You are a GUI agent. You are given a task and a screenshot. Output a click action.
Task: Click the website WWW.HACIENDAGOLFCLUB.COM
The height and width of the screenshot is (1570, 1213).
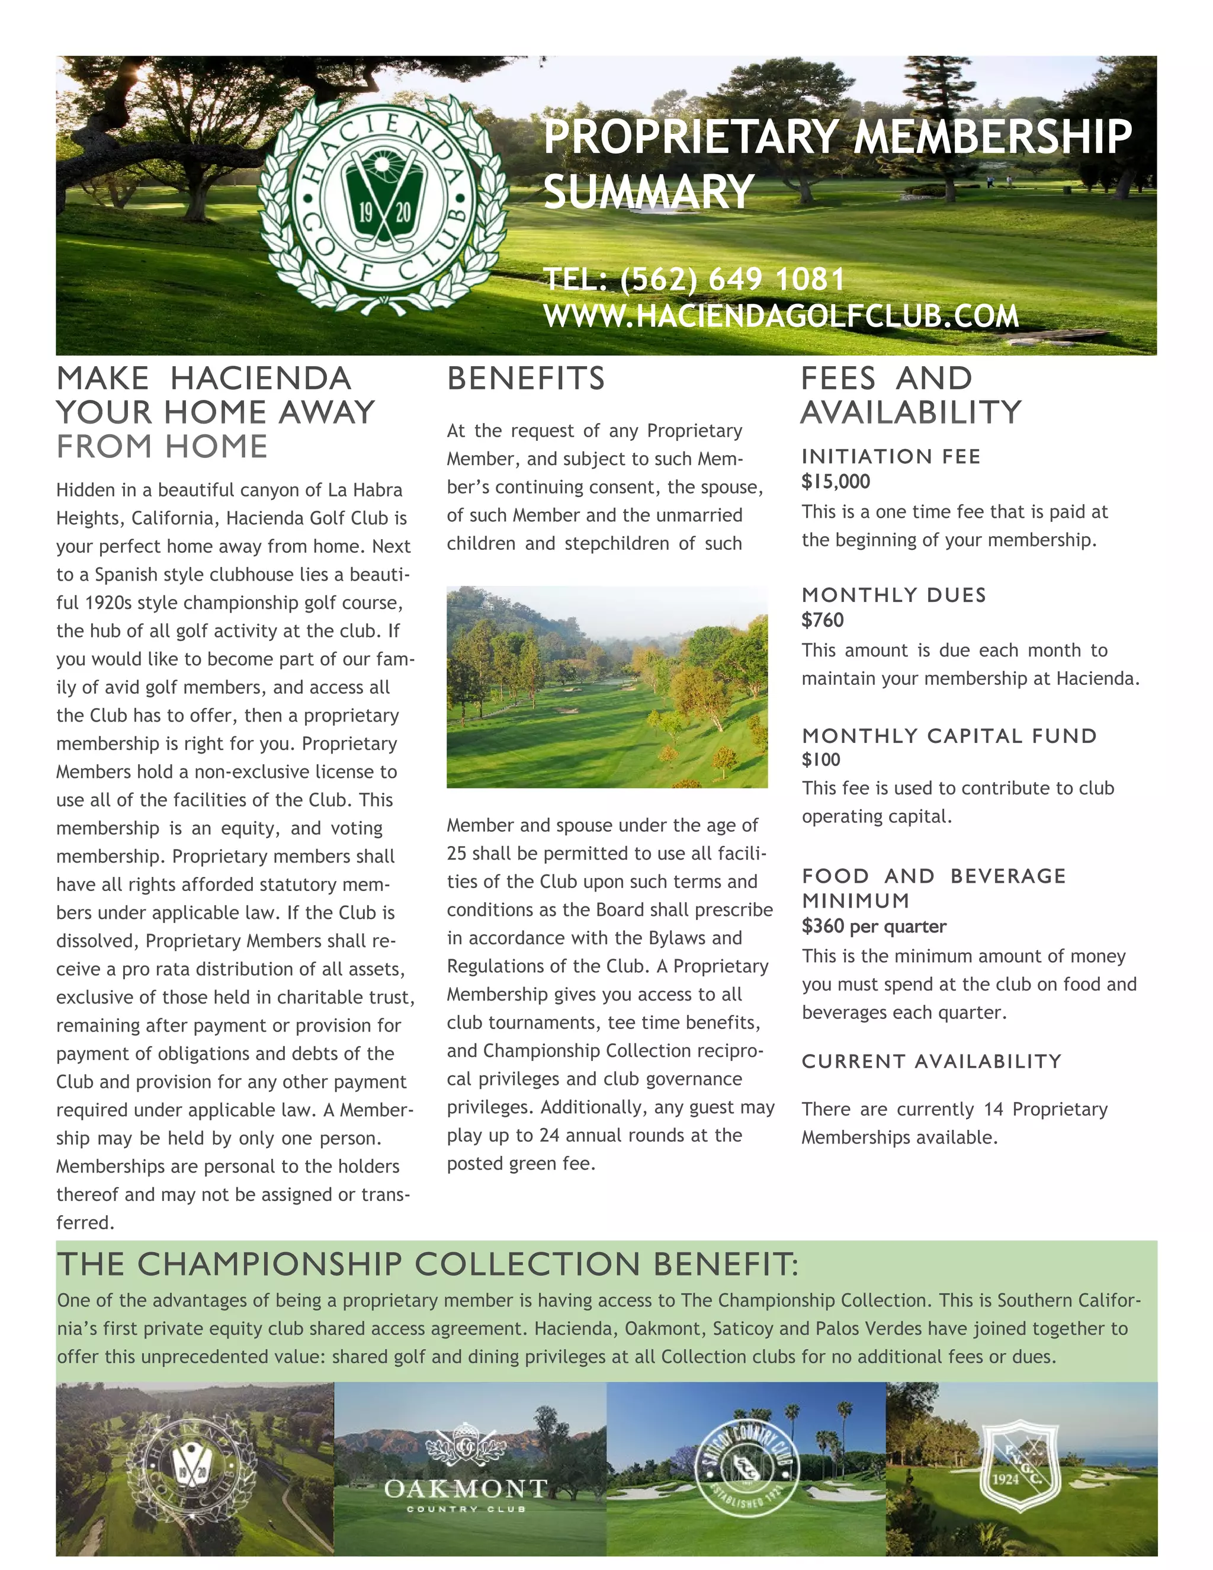(781, 316)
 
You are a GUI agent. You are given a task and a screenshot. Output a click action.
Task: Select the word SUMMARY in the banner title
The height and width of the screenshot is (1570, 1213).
(648, 192)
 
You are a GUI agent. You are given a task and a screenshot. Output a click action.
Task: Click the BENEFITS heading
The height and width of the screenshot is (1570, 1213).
(526, 379)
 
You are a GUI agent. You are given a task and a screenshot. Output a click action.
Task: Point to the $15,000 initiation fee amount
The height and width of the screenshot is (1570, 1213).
(836, 482)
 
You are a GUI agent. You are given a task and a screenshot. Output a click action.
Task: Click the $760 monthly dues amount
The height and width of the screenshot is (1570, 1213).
(823, 620)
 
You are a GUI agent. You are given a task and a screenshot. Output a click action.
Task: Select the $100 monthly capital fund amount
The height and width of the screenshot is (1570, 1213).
(821, 759)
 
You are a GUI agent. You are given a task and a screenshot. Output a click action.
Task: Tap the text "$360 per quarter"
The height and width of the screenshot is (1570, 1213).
(874, 927)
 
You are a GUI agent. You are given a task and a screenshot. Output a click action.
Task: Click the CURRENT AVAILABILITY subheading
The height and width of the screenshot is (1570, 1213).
(931, 1062)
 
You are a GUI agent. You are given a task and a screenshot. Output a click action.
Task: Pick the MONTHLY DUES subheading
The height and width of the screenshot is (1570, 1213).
(894, 595)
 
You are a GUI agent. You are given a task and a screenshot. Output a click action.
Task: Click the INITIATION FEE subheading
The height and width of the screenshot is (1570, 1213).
(891, 456)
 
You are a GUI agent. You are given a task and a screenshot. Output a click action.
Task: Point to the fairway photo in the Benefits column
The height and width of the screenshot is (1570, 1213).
(606, 687)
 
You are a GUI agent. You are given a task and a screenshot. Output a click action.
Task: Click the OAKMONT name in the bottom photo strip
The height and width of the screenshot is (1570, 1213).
(466, 1488)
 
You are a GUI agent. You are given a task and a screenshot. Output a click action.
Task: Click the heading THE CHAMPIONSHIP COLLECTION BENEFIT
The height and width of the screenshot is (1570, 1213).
(428, 1264)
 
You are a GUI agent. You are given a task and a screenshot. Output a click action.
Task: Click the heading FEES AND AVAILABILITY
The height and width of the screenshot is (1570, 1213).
(910, 395)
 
